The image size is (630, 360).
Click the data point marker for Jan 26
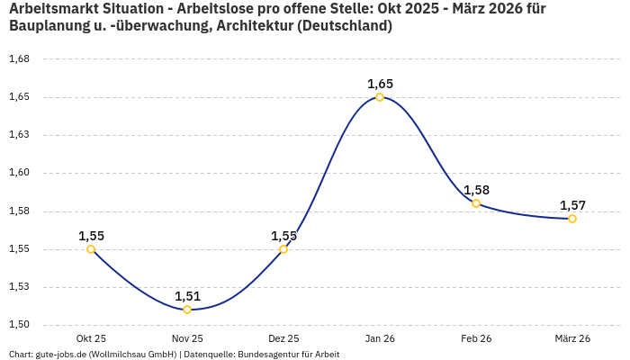pos(380,97)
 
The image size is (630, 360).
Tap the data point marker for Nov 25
pos(187,310)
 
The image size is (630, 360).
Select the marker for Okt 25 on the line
pos(91,249)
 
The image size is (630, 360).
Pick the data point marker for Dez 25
pos(283,249)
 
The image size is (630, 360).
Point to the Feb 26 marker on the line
pos(476,203)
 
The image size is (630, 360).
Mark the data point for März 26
pos(572,219)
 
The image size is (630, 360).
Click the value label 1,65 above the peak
pos(380,84)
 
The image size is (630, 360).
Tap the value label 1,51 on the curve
pos(187,296)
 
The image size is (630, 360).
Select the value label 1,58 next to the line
pos(476,190)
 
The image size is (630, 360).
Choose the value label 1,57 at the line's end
pos(572,205)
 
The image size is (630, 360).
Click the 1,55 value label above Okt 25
pos(91,236)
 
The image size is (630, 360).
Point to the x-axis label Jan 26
pos(380,338)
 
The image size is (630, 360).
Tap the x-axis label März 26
pos(572,338)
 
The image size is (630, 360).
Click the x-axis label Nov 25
pos(187,338)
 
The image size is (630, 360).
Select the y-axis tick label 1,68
pos(19,59)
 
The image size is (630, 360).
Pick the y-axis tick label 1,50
pos(19,325)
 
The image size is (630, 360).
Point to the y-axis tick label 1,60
pos(19,173)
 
